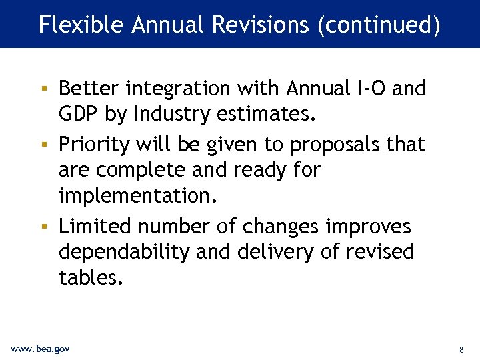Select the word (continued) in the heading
click(x=379, y=25)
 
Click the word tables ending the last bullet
click(x=91, y=277)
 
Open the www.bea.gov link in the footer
click(x=40, y=349)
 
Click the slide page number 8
click(x=461, y=349)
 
